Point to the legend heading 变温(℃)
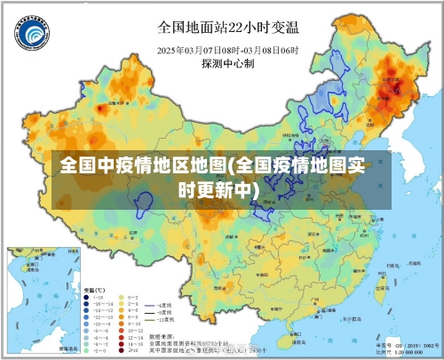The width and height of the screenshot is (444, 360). pos(94,290)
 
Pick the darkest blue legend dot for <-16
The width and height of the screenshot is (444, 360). pos(89,298)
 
